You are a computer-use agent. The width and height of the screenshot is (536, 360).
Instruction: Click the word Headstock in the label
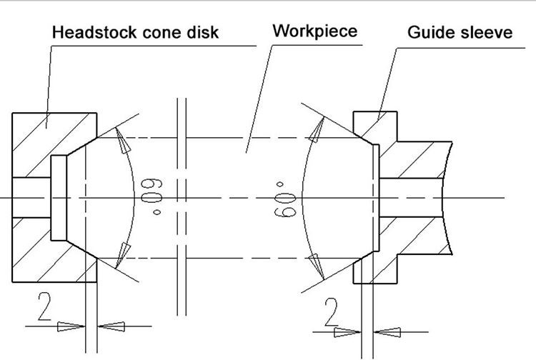coord(91,33)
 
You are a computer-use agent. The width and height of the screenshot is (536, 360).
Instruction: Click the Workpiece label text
coord(314,31)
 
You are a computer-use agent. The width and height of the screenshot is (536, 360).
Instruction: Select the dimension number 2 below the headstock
coord(44,310)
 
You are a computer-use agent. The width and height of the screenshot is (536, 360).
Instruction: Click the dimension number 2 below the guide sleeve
coord(331,313)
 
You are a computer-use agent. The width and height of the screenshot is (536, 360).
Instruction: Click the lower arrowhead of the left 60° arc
coord(124,252)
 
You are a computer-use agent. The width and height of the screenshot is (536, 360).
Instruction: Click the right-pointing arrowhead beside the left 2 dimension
coord(71,326)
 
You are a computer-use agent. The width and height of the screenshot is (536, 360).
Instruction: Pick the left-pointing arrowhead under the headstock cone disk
coord(111,326)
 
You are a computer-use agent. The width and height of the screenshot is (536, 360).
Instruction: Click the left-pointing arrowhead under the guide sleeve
coord(385,331)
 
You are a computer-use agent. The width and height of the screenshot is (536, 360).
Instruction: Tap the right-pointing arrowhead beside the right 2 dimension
coord(347,331)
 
